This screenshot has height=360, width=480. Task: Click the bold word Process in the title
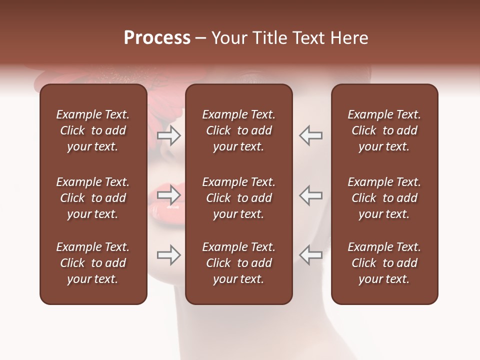[157, 38]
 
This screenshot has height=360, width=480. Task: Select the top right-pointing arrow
[169, 135]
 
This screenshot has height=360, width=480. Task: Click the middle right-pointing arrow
[169, 195]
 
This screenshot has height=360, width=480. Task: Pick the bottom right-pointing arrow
[169, 255]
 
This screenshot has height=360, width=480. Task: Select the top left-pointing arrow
[310, 135]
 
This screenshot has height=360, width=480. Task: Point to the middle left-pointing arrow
[310, 195]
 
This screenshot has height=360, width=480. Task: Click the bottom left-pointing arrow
[310, 255]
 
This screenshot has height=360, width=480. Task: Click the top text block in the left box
[93, 130]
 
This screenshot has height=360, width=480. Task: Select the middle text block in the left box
[93, 198]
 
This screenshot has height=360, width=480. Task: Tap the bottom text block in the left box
[93, 263]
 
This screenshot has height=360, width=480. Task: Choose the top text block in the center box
[238, 130]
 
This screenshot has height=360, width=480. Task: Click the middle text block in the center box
[238, 198]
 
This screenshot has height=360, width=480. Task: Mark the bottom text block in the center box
[238, 263]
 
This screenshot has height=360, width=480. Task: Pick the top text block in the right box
[384, 130]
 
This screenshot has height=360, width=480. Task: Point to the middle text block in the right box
[384, 198]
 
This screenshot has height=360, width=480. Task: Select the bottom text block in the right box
[384, 263]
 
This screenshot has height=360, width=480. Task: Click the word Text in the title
[308, 38]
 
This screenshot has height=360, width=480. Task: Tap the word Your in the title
[228, 38]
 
